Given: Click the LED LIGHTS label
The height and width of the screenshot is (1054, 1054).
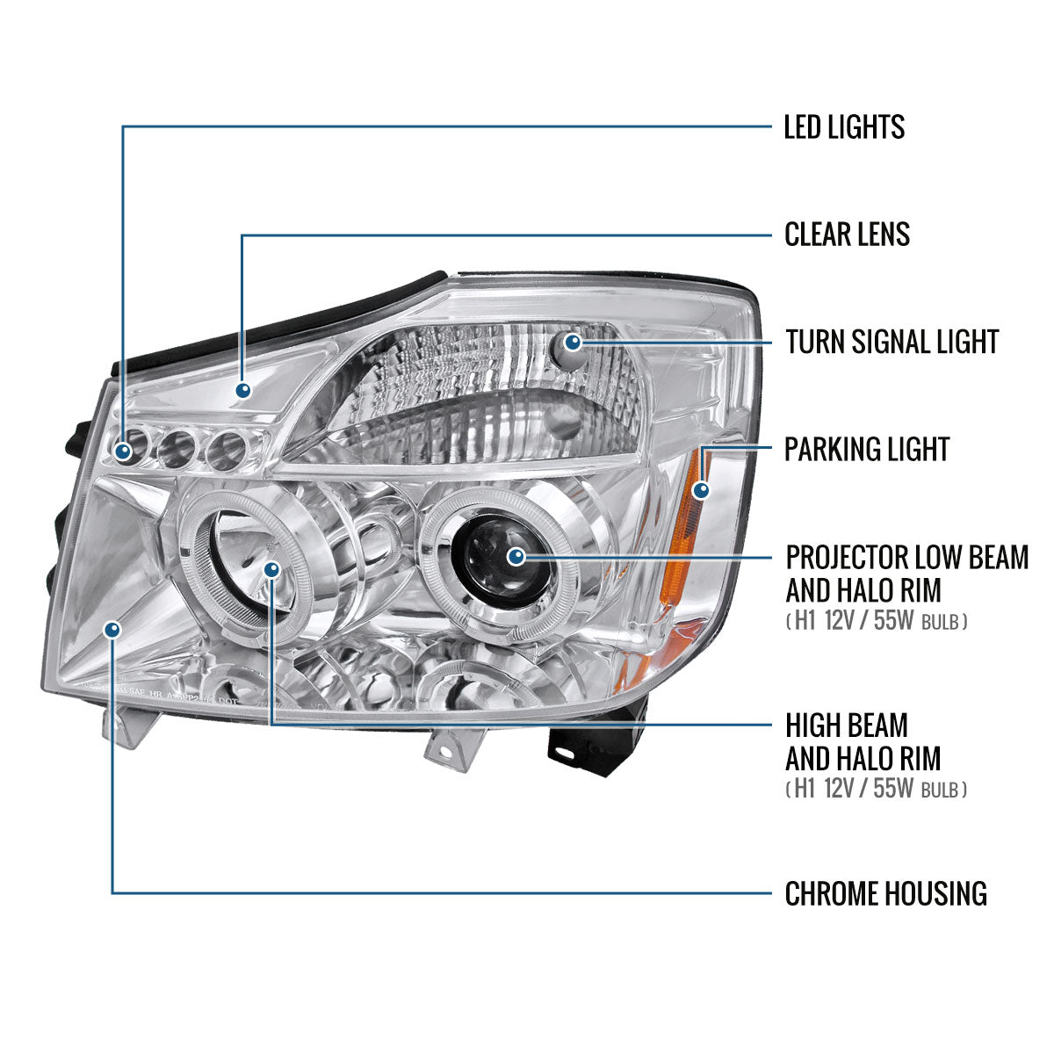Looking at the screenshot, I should [844, 127].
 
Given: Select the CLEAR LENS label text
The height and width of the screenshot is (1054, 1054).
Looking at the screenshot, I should [847, 235].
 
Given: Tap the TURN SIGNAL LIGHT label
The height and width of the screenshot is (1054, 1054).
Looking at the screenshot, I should [892, 342].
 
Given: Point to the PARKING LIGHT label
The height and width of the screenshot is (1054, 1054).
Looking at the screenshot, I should [867, 450].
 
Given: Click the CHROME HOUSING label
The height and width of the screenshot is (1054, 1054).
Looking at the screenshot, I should [885, 894].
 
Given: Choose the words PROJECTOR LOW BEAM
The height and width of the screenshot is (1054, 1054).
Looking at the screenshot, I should [906, 557].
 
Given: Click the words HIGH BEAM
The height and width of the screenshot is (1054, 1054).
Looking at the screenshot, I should [847, 726].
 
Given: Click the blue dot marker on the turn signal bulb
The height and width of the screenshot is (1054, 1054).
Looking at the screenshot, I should [574, 341].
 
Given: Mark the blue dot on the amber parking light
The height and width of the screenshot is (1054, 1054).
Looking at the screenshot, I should [700, 490].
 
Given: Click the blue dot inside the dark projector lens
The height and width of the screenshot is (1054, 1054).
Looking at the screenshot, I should [516, 555].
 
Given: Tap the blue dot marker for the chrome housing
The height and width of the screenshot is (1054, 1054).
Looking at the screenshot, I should [112, 629].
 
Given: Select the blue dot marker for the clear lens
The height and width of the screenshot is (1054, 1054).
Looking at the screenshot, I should [242, 390].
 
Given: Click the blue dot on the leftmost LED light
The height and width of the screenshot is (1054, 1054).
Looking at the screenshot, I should [124, 451].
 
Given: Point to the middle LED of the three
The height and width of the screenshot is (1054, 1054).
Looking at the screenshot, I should [176, 448].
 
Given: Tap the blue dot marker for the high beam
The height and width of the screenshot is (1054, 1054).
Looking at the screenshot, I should [272, 570].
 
